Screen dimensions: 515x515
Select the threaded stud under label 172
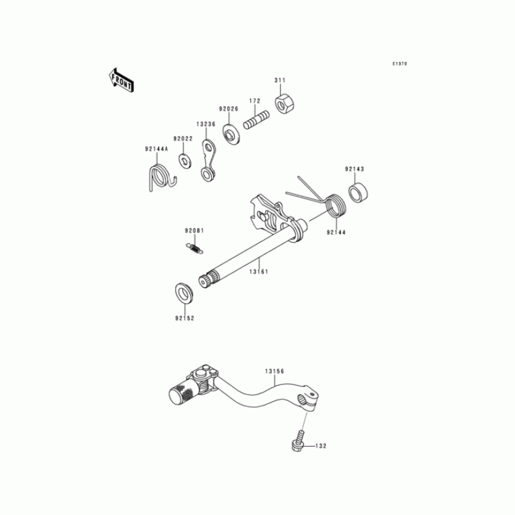256,120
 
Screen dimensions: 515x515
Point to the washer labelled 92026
232,134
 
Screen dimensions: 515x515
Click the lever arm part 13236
208,160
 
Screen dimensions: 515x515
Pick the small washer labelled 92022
185,160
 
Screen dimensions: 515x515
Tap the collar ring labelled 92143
358,192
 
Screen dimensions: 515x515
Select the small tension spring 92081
195,248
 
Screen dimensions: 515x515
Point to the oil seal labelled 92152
184,292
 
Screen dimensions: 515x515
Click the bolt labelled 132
298,440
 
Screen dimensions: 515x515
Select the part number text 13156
275,371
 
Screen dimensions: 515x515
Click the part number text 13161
259,272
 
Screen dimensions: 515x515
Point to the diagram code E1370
400,64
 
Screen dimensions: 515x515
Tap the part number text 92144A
156,149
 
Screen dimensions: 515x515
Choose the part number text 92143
355,169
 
